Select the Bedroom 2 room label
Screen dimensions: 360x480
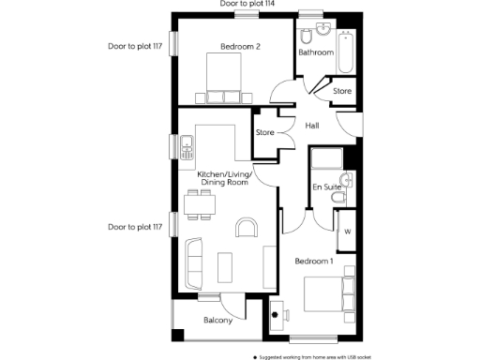coord(240,46)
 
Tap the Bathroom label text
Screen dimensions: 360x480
coord(316,52)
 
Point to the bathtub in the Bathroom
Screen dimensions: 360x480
coord(346,52)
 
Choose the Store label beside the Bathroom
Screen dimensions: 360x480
coord(342,91)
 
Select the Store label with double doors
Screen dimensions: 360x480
coord(265,132)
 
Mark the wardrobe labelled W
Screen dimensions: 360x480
coord(346,232)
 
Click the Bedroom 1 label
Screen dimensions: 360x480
coord(313,261)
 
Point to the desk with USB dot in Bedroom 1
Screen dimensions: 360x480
coord(277,314)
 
